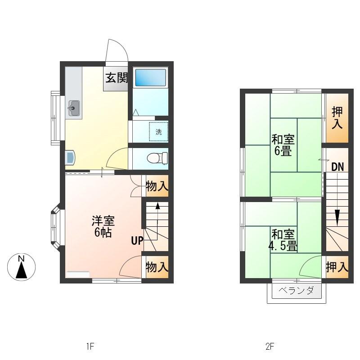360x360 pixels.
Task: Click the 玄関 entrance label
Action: [116, 78]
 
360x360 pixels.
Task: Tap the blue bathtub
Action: [150, 77]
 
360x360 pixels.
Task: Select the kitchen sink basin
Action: [74, 108]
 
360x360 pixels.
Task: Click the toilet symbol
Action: [157, 158]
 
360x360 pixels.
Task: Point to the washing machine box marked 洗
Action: [159, 131]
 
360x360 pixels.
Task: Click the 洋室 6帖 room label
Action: [103, 226]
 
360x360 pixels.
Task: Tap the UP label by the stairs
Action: [137, 241]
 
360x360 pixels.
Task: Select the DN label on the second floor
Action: [337, 167]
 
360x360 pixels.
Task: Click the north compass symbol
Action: [21, 267]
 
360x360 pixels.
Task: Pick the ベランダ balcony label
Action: [296, 291]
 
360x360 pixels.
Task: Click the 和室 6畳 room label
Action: [283, 145]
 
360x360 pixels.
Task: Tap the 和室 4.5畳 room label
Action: [283, 240]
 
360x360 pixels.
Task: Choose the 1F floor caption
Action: [90, 346]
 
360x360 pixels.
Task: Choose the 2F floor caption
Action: [270, 346]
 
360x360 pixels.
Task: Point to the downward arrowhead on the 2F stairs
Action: [337, 217]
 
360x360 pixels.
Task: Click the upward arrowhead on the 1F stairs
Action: [158, 206]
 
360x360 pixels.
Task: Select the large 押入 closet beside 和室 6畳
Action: [337, 118]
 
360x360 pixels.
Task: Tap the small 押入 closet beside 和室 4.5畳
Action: [337, 267]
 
